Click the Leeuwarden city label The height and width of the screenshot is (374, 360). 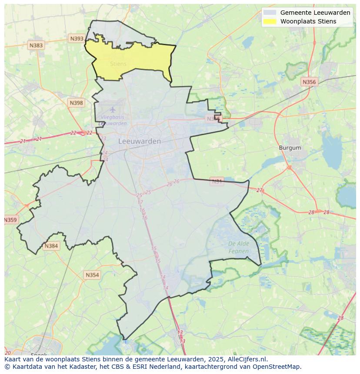coord(140,141)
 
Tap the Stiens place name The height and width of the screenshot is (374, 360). coord(118,64)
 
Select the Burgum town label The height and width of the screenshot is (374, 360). coord(290,148)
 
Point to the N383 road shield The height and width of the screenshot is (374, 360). coord(36,45)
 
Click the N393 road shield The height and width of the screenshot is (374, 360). coord(77,39)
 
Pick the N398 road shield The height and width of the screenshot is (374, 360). coord(76,103)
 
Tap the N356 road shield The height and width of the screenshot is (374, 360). coord(309,82)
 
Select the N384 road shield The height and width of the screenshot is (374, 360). coord(51,246)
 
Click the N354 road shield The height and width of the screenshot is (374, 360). coord(92,275)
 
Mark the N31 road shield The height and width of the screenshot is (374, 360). coord(217,181)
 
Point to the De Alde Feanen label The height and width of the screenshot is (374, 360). coord(239,247)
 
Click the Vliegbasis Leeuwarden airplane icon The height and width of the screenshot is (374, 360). coord(113,109)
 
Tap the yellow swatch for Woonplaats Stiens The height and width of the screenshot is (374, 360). coord(270,21)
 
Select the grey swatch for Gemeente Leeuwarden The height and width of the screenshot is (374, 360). coord(270,13)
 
